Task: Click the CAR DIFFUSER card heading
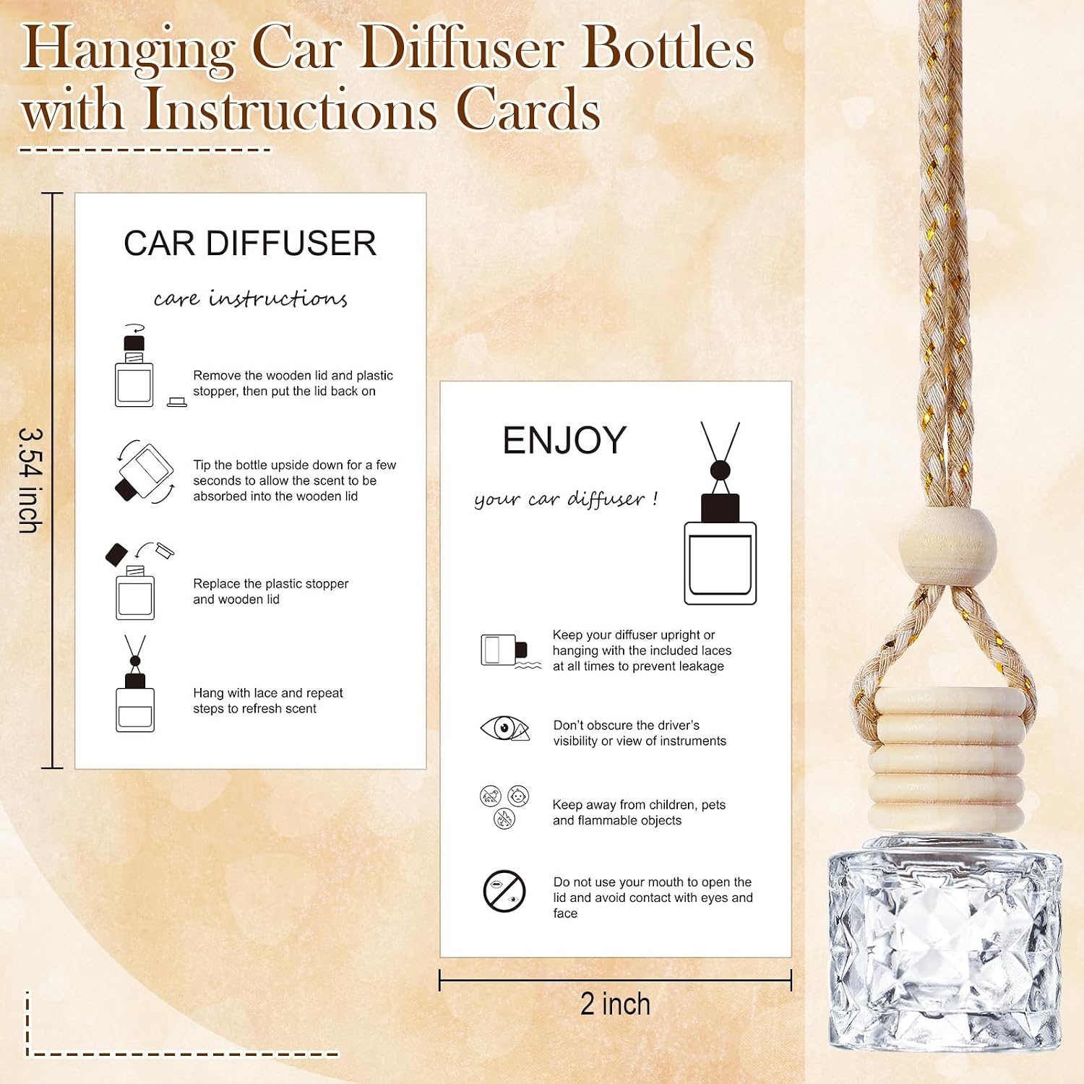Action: (250, 244)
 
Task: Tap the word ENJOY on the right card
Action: (564, 440)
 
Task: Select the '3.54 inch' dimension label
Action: (30, 481)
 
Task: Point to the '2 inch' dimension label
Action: (615, 1004)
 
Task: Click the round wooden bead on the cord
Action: (947, 546)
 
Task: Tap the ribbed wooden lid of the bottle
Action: (947, 762)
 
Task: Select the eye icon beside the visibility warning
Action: (504, 728)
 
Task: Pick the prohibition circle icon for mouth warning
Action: (504, 891)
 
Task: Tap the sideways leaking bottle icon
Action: (509, 651)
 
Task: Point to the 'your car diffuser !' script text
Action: (566, 499)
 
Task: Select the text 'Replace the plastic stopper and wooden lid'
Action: (270, 591)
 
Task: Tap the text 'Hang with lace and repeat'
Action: (267, 693)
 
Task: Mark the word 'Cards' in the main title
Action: (528, 110)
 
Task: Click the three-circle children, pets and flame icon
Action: (504, 806)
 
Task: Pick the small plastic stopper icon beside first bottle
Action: (177, 403)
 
